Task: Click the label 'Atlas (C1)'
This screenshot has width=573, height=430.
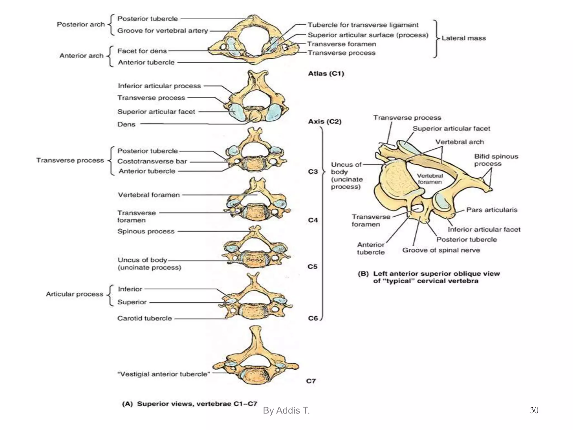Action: [326, 74]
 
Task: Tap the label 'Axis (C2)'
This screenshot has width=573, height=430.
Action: [325, 122]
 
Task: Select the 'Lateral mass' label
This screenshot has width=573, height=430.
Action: [463, 38]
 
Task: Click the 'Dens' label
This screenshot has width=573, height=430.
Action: [126, 124]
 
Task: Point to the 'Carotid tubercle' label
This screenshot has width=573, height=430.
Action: [144, 318]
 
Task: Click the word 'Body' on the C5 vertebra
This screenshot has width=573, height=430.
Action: [254, 260]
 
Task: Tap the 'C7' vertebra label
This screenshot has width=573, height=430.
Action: [311, 381]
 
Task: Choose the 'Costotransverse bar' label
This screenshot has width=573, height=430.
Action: [152, 162]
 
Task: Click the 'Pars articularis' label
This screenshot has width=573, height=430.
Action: [492, 210]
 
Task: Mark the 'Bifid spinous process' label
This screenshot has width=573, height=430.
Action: [496, 160]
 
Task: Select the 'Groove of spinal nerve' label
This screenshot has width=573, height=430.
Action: [441, 250]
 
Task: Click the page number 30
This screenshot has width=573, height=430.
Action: [534, 410]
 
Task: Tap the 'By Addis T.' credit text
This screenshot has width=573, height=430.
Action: [286, 410]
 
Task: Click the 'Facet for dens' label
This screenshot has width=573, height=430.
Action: [142, 51]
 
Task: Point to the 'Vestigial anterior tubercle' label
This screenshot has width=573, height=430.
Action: [164, 374]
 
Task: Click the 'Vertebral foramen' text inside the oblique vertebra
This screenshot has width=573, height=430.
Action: [429, 179]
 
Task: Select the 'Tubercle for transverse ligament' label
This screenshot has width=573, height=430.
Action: [363, 25]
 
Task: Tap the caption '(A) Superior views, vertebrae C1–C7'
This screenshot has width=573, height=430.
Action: [189, 404]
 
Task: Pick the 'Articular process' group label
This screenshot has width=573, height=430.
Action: [74, 294]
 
